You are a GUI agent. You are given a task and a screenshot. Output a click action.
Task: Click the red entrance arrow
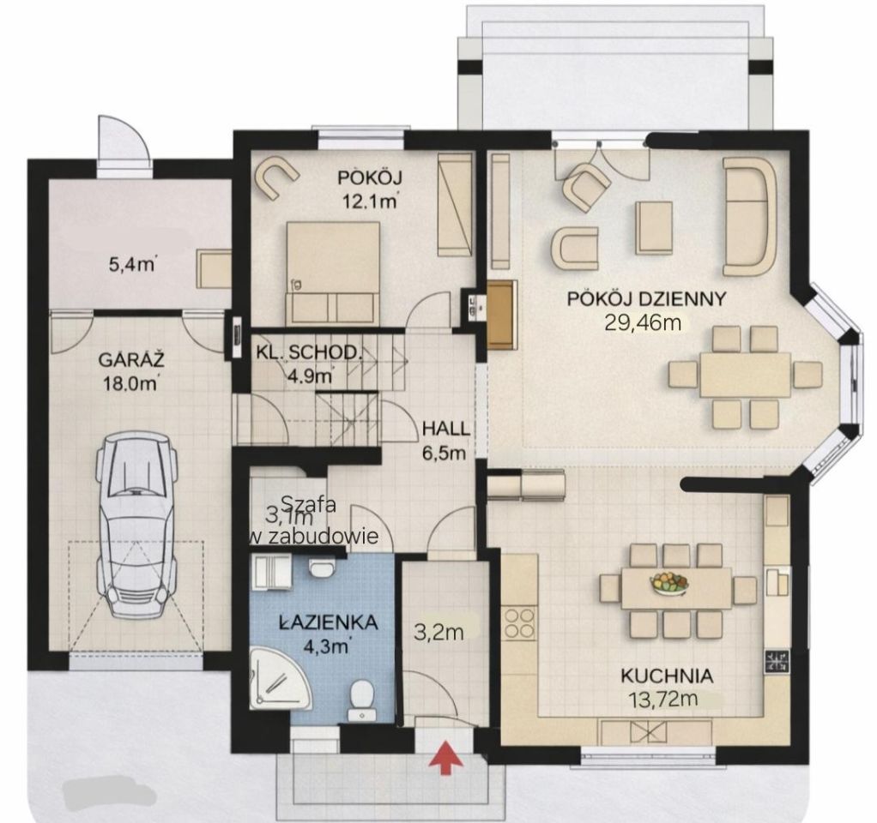point(445,758)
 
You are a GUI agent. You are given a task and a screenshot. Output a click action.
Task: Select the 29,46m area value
point(643,322)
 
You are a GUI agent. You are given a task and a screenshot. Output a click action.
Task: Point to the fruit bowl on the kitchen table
point(669,583)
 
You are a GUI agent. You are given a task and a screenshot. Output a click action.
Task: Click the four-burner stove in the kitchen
point(519,622)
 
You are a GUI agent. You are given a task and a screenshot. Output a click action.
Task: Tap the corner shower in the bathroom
point(281,677)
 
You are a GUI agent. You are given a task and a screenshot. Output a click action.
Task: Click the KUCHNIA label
point(667,676)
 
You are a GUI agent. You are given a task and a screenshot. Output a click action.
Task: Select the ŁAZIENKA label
point(329,622)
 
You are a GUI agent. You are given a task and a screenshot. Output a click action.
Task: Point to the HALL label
point(445,429)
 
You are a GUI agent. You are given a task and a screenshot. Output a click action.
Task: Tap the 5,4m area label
point(132,263)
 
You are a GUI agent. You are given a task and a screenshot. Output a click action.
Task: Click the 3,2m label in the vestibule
point(439,633)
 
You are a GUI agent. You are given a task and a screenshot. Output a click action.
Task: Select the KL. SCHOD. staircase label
point(307,352)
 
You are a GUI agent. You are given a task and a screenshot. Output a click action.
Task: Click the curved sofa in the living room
point(749,216)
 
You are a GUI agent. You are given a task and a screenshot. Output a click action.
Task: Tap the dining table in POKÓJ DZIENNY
point(746,373)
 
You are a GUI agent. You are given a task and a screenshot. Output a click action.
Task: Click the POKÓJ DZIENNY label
point(646,299)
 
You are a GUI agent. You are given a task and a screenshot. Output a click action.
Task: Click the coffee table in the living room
point(653,227)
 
